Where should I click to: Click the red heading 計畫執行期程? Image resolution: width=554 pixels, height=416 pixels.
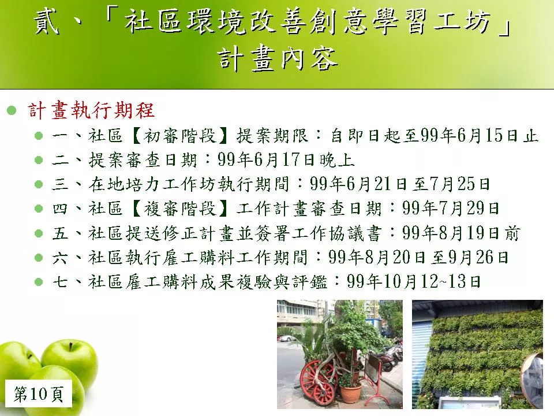tap(91, 110)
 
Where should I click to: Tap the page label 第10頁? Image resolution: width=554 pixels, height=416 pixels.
tap(39, 393)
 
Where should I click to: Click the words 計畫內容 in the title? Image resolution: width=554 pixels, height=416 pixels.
tap(278, 59)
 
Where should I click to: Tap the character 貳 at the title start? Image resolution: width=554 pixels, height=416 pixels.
tap(47, 22)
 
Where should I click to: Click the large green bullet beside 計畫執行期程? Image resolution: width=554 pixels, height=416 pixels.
tap(12, 110)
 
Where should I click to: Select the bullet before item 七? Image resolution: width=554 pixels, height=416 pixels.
tap(39, 282)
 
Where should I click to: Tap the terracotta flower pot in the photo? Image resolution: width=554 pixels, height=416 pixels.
tap(350, 393)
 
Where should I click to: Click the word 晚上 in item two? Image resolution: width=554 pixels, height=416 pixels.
tap(337, 160)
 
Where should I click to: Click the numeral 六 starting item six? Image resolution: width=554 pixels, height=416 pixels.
tap(60, 258)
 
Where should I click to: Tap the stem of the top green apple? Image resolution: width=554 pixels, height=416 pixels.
tap(71, 347)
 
